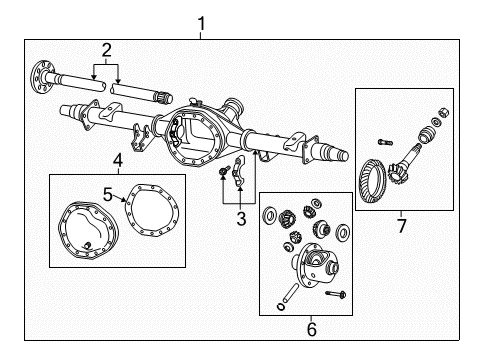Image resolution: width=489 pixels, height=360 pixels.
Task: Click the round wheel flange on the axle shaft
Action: pyautogui.click(x=43, y=72)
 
